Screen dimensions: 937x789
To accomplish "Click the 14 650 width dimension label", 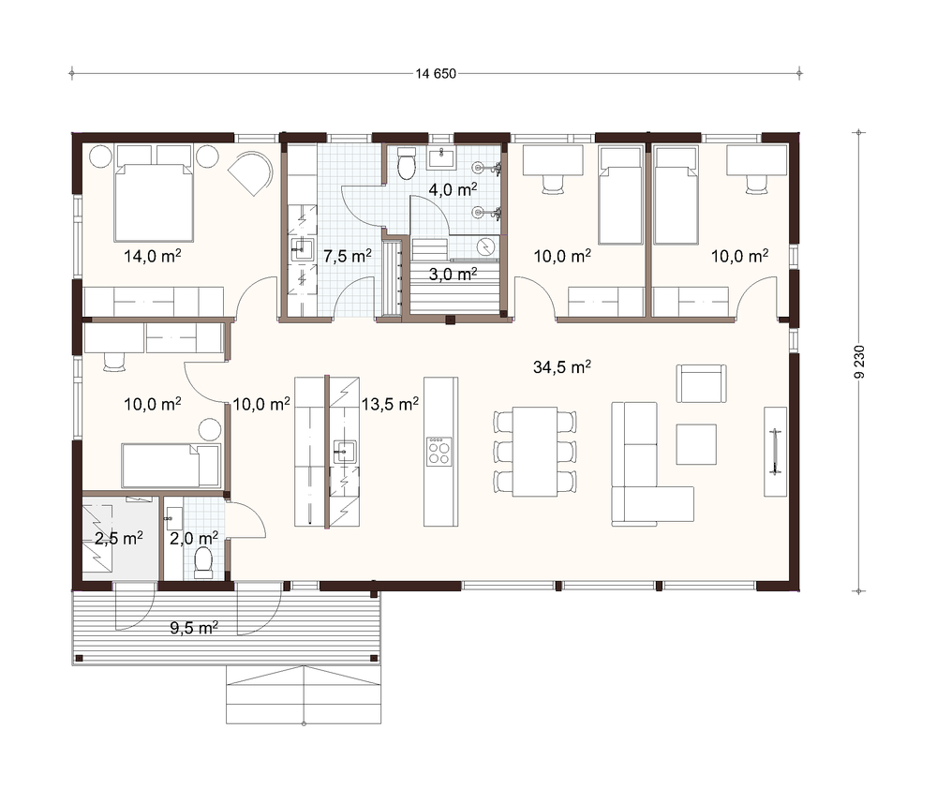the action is (437, 73).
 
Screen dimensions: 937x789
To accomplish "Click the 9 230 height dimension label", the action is (859, 363).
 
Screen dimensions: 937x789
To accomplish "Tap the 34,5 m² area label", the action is (561, 366).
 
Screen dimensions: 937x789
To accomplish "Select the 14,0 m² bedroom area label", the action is (153, 256).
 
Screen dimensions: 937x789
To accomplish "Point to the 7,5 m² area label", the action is (348, 256).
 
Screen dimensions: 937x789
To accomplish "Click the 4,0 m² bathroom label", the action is (453, 189).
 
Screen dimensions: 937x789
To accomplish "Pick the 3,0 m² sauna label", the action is (453, 274).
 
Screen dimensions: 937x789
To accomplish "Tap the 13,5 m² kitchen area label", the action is (390, 404).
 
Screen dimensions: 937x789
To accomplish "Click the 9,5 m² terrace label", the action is (194, 628).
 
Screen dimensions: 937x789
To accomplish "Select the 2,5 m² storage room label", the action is (118, 538).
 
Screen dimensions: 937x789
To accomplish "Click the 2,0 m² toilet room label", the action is (194, 538).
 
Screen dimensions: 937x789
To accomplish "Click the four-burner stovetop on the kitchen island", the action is (439, 452).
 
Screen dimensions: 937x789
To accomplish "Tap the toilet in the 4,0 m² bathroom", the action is (407, 163).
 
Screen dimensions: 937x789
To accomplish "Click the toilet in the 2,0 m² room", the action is (203, 562).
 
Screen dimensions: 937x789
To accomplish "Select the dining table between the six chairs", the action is (535, 452).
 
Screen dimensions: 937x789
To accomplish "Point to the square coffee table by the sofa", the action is (696, 444).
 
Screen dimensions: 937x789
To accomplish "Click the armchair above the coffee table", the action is (702, 384).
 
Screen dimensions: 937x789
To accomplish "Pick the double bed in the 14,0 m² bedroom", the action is (154, 202).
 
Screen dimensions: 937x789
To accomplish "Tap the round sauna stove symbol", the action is (487, 246).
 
